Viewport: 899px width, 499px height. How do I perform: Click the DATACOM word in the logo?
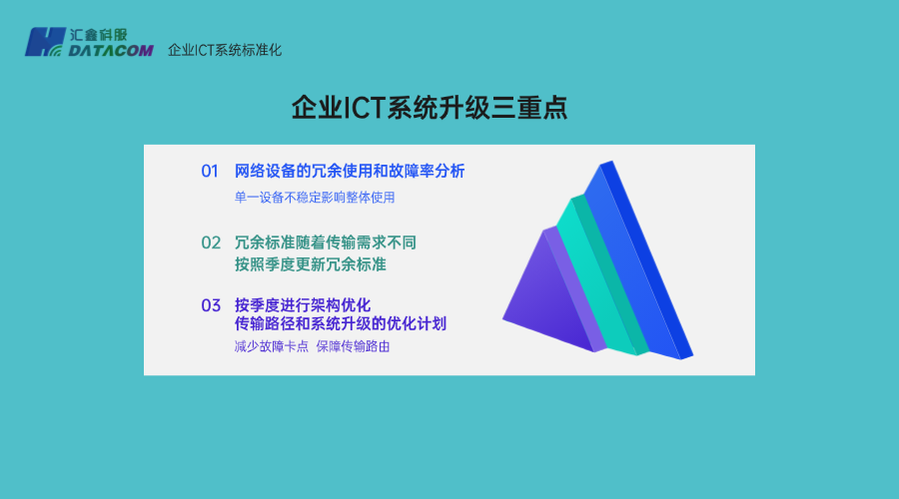tap(112, 49)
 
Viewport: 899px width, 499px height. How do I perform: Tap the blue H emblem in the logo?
tap(44, 42)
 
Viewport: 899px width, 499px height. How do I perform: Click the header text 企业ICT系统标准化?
tap(225, 49)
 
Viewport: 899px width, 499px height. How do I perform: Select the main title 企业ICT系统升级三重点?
tap(430, 108)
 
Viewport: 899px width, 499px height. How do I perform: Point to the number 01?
tap(210, 171)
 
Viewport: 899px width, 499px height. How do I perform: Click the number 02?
tap(210, 243)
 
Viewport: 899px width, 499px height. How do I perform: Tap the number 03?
tap(210, 305)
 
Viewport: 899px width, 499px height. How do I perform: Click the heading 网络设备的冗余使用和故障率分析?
tap(350, 171)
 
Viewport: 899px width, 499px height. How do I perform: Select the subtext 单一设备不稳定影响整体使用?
tap(315, 198)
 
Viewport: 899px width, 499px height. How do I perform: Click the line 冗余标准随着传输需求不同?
tap(325, 243)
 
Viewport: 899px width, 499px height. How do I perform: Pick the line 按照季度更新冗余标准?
tap(310, 264)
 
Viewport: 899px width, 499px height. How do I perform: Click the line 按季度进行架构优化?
tap(303, 304)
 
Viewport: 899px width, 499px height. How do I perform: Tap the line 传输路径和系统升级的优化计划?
tap(341, 324)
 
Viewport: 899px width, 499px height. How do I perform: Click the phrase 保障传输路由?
tap(353, 347)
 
